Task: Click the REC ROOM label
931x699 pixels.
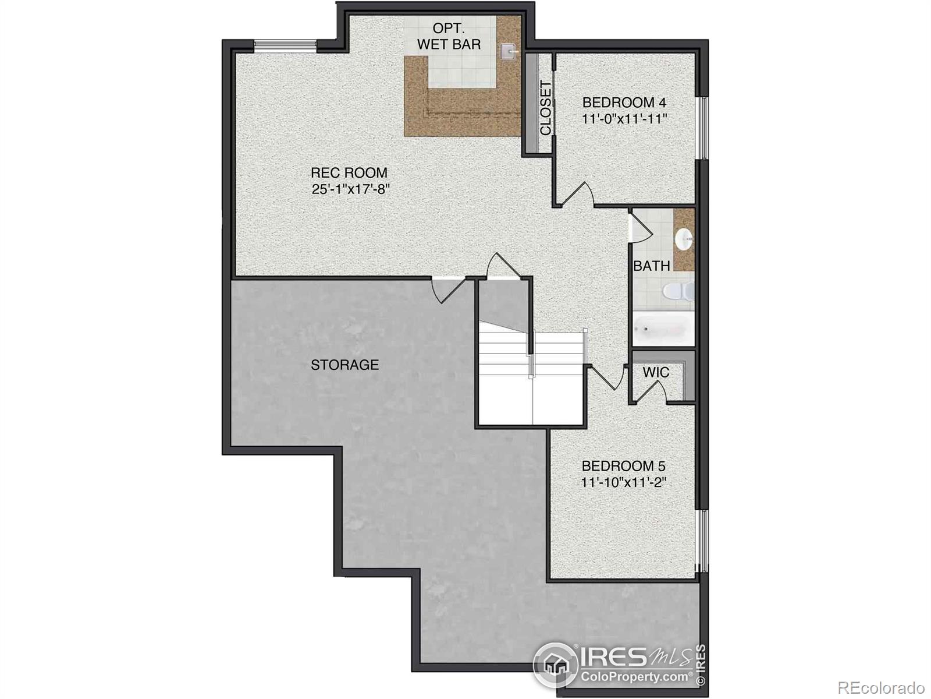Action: pos(349,172)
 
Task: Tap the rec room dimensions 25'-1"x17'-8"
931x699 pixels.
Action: pos(350,189)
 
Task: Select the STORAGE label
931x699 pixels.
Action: pos(344,365)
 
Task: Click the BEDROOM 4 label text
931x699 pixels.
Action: pos(624,103)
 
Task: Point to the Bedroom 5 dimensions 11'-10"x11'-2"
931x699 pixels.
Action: pos(623,482)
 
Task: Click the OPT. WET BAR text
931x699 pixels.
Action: pos(449,36)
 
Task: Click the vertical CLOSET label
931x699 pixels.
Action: pos(545,108)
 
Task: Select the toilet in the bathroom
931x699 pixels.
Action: pos(678,290)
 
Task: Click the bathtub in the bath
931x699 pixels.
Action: pos(663,329)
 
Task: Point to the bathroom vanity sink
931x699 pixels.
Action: pos(684,238)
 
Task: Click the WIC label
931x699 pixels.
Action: pos(656,372)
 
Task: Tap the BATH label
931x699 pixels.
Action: pos(651,266)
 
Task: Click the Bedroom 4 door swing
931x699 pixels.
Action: pos(580,195)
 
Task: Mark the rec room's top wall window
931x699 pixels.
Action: pos(285,44)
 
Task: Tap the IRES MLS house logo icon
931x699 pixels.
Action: pos(555,665)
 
